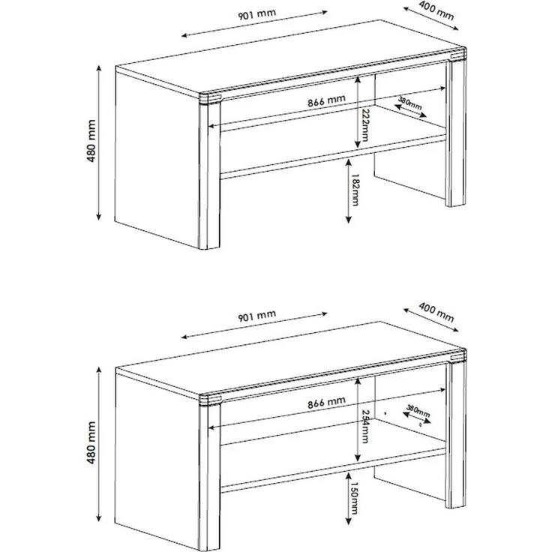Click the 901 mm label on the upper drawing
[257, 15]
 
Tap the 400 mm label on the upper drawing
[436, 11]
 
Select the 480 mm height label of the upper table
[91, 141]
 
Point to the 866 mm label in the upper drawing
[326, 101]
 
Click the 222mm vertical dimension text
[364, 125]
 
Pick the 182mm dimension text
[355, 190]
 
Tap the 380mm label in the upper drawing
[409, 103]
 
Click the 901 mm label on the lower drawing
[257, 316]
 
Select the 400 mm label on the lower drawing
[436, 312]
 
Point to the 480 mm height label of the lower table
[91, 442]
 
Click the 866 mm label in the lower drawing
[326, 403]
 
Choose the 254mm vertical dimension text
[364, 427]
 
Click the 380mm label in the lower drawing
[418, 411]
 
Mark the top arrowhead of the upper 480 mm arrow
[99, 67]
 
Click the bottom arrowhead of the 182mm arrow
[349, 220]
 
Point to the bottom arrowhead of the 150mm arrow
[349, 522]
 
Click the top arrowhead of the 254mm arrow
[358, 381]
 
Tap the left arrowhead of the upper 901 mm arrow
[184, 35]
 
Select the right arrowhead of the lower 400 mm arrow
[456, 330]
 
